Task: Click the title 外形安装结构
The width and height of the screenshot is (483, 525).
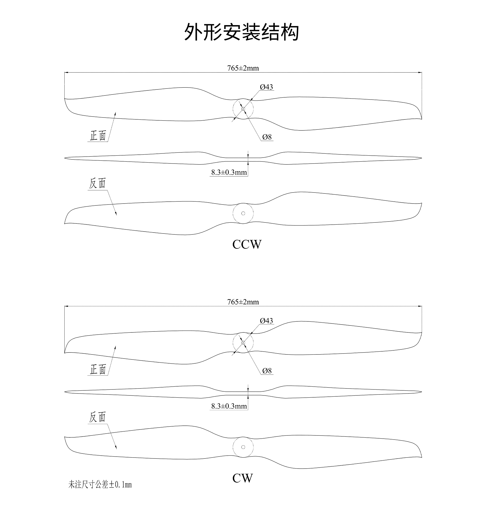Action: [241, 32]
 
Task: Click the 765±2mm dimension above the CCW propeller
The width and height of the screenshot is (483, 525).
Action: [243, 68]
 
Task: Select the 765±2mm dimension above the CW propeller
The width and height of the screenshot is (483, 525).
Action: [243, 302]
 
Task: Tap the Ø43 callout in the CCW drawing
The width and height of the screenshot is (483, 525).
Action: [266, 87]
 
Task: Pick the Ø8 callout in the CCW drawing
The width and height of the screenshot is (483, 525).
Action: [267, 137]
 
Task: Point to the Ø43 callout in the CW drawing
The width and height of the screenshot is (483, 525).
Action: [266, 321]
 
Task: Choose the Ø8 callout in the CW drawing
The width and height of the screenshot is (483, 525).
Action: [267, 371]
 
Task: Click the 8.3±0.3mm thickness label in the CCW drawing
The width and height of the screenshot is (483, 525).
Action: [229, 172]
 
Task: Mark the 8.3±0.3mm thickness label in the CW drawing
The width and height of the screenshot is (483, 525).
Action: [229, 406]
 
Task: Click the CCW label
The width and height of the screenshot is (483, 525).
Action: [247, 245]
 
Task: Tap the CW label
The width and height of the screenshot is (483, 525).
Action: [242, 478]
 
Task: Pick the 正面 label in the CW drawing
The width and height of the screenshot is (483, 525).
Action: [98, 370]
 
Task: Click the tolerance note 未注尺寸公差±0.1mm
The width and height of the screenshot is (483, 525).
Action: [100, 485]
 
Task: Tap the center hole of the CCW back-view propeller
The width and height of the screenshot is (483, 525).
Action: [243, 213]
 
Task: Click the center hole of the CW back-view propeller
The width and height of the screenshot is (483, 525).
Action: [243, 447]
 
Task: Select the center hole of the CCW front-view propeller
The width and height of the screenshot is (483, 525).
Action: [243, 109]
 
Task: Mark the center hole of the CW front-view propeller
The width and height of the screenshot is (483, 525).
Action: [243, 343]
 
